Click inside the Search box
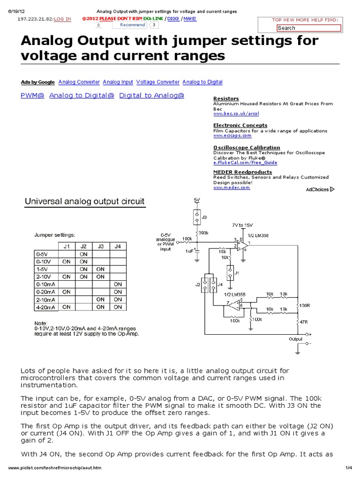[x=308, y=28]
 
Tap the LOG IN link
[x=63, y=19]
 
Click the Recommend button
[x=132, y=25]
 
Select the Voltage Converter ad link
[x=158, y=82]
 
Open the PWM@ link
[x=33, y=95]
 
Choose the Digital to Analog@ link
[x=152, y=95]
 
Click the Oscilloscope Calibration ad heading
[x=247, y=147]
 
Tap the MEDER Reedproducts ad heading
[x=242, y=172]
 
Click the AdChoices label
[x=317, y=189]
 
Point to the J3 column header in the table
[x=100, y=246]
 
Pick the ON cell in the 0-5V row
[x=83, y=254]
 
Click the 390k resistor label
[x=203, y=232]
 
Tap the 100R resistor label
[x=305, y=305]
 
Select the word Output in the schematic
[x=295, y=338]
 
